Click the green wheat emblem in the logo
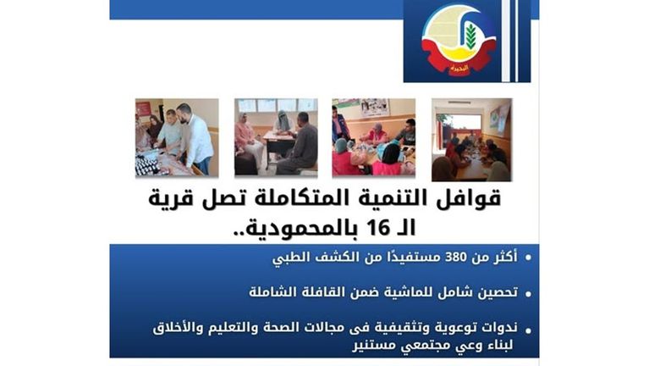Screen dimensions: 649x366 (x=470, y=36)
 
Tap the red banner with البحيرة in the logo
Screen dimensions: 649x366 (x=458, y=68)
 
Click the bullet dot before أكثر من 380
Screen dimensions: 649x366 (x=528, y=258)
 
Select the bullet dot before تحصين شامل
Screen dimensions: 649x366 (x=528, y=294)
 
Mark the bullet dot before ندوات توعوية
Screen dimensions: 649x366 (x=528, y=330)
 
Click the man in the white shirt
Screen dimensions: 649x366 (x=195, y=136)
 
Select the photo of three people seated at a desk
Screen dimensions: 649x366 (x=276, y=137)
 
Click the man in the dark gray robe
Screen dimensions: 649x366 (x=298, y=144)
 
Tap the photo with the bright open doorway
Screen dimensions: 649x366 (x=471, y=140)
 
